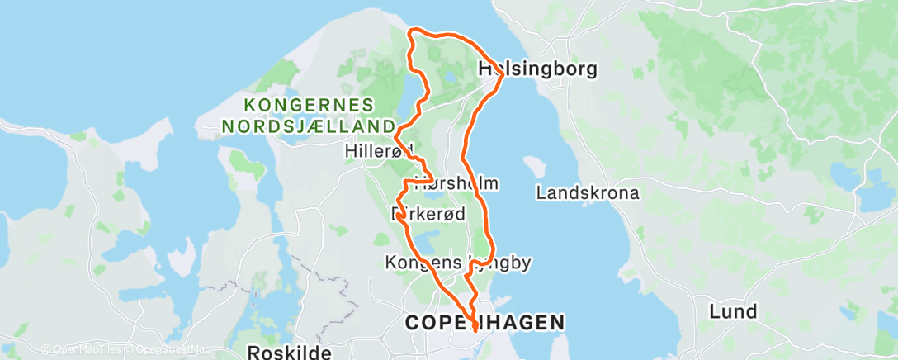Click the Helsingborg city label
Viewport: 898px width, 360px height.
pos(537,70)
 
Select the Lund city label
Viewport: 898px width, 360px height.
pos(734,311)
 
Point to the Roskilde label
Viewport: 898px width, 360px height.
pos(289,352)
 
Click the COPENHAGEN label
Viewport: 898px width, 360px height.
pos(485,322)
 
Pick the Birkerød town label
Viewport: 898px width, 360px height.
pos(428,213)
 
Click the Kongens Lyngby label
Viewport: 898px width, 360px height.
pos(457,263)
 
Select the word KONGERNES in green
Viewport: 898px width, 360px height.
pos(309,106)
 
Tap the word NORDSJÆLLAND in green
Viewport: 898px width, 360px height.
pos(307,126)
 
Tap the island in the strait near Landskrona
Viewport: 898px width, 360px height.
pos(536,164)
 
